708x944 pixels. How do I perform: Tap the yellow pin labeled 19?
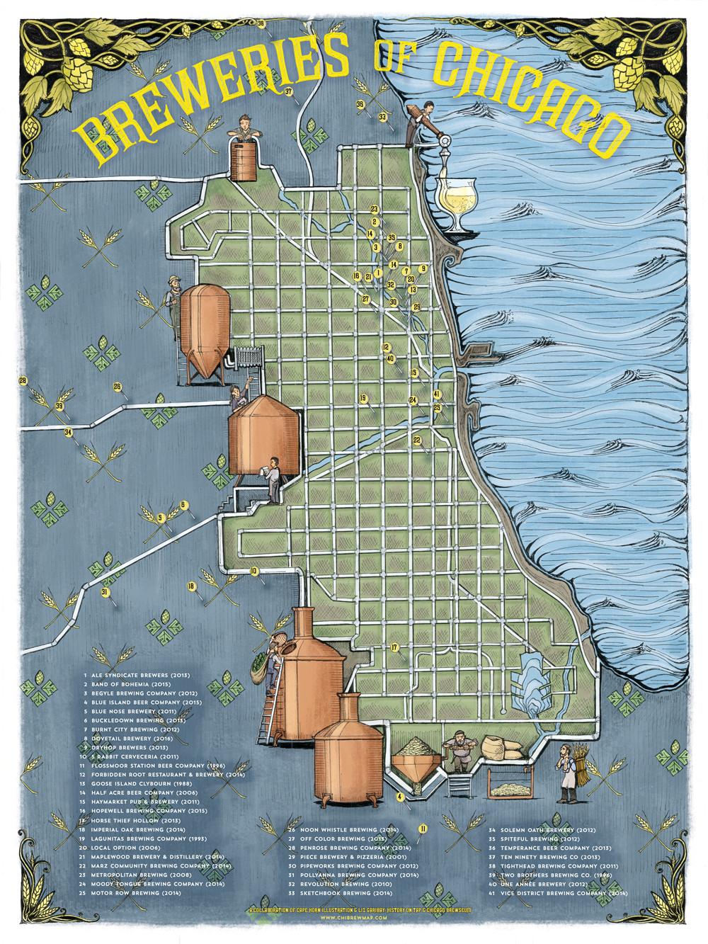363,399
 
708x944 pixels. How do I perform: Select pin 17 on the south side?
394,647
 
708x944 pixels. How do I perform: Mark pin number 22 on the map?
417,440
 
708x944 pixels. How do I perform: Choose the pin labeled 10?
253,571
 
